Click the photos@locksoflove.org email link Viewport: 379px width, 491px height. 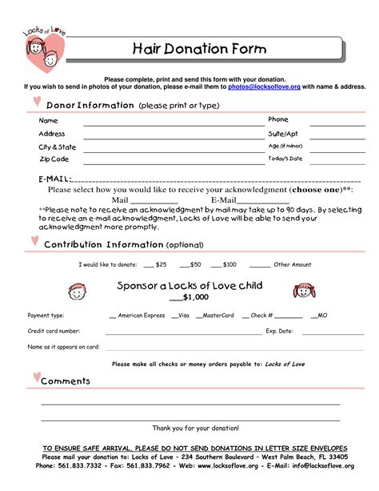click(264, 87)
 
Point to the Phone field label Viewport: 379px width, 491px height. click(277, 119)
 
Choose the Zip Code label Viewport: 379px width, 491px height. click(54, 159)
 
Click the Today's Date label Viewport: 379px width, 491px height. click(285, 159)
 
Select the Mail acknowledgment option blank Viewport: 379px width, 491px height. click(141, 200)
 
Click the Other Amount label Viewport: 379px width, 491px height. click(292, 264)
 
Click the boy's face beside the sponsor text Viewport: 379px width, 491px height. click(78, 291)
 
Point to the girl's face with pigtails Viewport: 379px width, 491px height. click(305, 291)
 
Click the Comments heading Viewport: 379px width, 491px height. click(66, 381)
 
